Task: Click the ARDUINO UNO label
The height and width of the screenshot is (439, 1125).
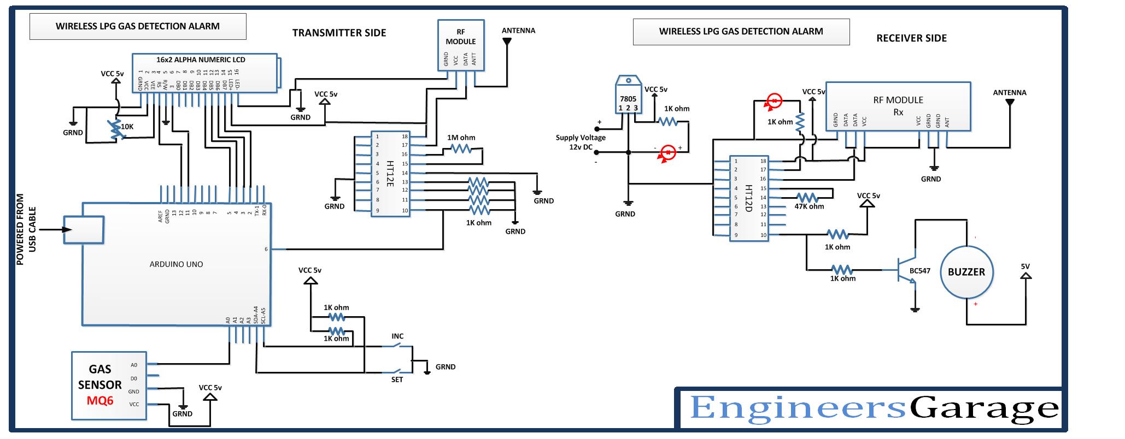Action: [176, 264]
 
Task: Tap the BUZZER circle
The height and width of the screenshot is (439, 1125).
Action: [966, 272]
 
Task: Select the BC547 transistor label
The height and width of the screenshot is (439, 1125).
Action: [919, 271]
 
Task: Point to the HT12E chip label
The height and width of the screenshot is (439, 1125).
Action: [390, 173]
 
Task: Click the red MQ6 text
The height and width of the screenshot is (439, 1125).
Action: [100, 401]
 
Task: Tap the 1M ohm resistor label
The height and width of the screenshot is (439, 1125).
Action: [461, 138]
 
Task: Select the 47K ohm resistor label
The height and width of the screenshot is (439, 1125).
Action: [809, 206]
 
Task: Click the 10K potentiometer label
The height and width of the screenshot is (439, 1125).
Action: [127, 127]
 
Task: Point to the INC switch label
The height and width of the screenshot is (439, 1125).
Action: [397, 336]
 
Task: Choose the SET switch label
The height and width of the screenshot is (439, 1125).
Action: [397, 379]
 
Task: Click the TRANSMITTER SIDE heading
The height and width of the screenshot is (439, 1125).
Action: [339, 33]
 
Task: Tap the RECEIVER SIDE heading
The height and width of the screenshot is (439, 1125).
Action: [911, 38]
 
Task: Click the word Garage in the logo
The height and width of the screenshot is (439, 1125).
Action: [984, 408]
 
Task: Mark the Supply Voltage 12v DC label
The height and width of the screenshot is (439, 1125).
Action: [581, 142]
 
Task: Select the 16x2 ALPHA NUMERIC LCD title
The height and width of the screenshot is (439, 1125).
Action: [201, 60]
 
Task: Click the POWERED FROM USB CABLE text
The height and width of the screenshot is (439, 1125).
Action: [26, 229]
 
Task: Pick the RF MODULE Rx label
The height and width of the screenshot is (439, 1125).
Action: [898, 106]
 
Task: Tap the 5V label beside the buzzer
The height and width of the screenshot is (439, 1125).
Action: [1025, 266]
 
